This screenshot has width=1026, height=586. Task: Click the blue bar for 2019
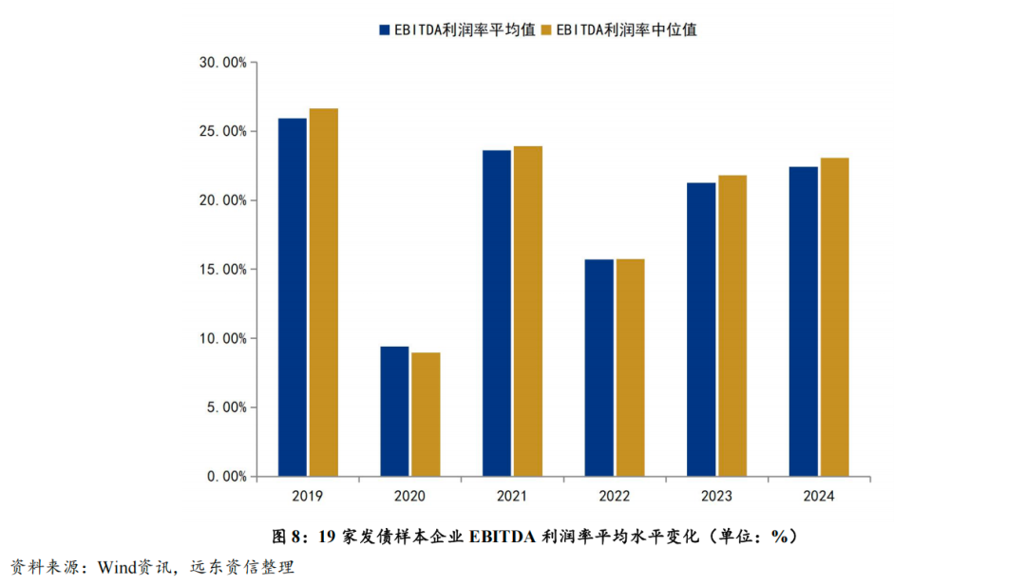[x=293, y=296]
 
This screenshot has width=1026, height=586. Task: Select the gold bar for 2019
[x=323, y=292]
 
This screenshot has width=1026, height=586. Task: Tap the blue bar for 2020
[x=394, y=410]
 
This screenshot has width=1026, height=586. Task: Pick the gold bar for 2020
[x=426, y=414]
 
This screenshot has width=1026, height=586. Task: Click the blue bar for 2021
[x=497, y=312]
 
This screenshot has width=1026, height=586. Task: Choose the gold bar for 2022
[x=630, y=367]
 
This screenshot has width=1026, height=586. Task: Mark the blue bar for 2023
[x=701, y=329]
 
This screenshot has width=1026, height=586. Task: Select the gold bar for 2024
[x=834, y=316]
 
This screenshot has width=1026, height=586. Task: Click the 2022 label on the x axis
[x=615, y=496]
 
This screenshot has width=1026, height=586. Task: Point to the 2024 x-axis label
[x=819, y=496]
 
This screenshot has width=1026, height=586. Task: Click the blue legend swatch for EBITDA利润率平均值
[x=385, y=29]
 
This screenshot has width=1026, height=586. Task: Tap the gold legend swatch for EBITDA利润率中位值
[x=546, y=29]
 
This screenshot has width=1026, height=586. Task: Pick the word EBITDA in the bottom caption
[x=501, y=537]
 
